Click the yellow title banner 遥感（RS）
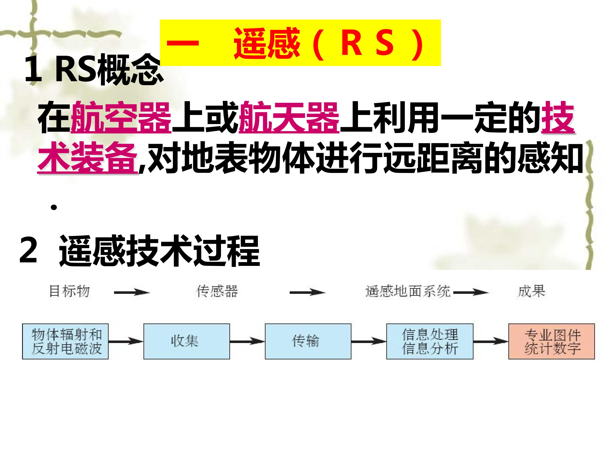pos(300,43)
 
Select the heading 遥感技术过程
pos(159,251)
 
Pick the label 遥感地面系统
pos(408,292)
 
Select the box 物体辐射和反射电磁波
pos(65,342)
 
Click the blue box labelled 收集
pos(187,342)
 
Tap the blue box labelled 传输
pos(308,342)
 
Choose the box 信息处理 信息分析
pos(430,342)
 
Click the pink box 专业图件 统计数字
pos(551,342)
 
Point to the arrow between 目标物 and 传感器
pos(132,293)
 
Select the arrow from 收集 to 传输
pos(247,341)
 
